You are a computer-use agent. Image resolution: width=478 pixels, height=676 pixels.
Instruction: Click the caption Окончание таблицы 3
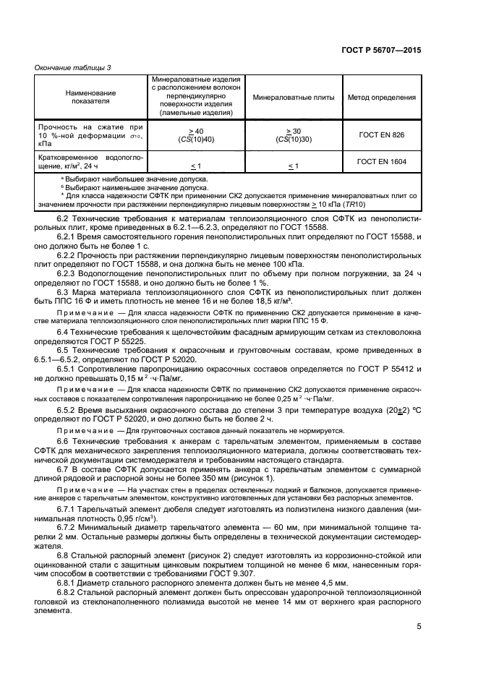73,67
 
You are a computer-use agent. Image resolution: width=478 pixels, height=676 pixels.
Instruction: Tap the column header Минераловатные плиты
293,97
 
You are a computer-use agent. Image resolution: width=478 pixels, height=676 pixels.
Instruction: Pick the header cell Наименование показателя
90,97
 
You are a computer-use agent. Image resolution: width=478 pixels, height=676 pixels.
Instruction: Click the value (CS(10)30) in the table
293,140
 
